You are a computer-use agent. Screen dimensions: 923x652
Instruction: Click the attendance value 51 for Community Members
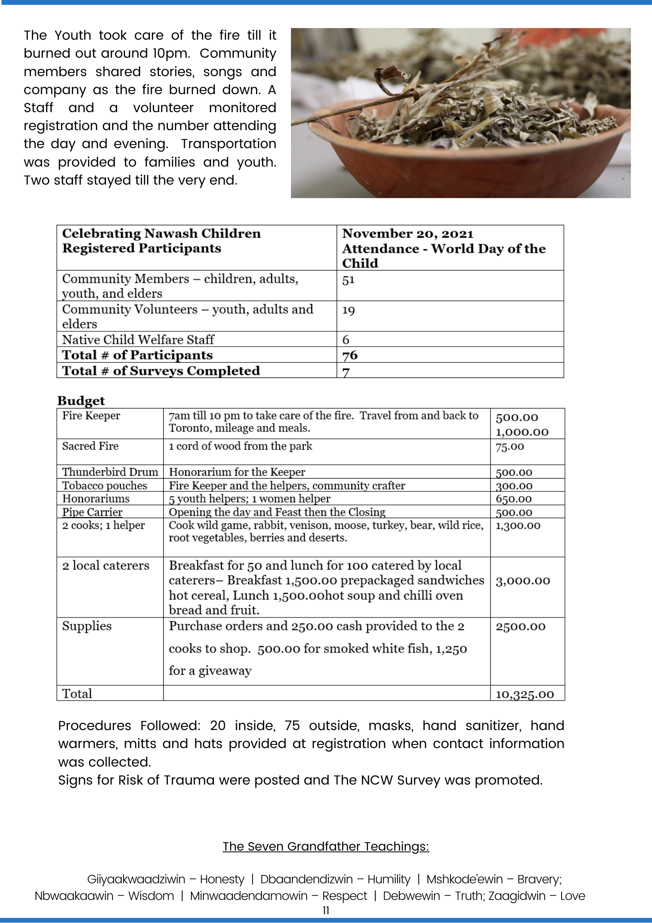(348, 280)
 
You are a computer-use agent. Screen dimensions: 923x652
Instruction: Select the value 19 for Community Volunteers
(348, 311)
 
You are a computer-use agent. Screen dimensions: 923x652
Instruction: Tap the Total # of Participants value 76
(350, 355)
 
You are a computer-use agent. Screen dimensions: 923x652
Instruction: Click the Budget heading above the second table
(81, 401)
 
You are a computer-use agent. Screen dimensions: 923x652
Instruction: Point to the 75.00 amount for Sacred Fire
(510, 447)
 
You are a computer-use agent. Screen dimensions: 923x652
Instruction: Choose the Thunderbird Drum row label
(110, 472)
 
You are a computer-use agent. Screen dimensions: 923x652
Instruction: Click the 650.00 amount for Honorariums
(514, 499)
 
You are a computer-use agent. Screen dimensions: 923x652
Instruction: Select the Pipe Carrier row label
(92, 512)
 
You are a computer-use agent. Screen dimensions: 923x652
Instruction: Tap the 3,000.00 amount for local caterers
(523, 581)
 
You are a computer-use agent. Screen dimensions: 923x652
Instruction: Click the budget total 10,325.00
(525, 695)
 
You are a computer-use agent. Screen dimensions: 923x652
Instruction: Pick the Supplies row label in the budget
(87, 626)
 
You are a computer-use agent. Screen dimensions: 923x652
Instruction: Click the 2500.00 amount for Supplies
(521, 627)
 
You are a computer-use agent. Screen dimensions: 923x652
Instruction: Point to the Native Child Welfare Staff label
(138, 340)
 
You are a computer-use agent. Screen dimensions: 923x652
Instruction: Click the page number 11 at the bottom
(326, 911)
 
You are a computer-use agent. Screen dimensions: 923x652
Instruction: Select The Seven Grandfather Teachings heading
(326, 846)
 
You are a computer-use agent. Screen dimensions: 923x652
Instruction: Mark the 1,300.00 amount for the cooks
(518, 526)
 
